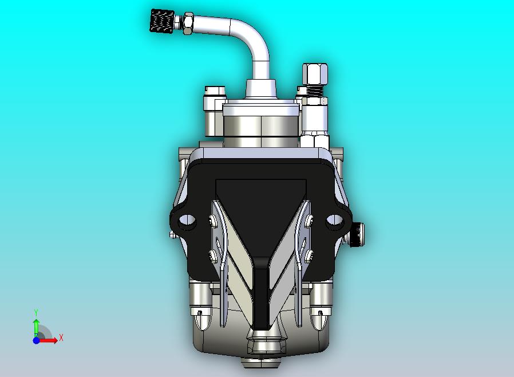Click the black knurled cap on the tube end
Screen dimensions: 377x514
[161, 21]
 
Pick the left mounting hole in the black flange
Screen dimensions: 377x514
[186, 221]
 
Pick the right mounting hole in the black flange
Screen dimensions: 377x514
[334, 221]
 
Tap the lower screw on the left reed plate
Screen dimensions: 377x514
[213, 254]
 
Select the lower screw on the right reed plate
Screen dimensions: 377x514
[309, 254]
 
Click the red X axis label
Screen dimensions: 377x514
[61, 338]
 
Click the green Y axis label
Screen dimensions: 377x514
[36, 312]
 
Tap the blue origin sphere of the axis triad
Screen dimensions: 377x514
[36, 340]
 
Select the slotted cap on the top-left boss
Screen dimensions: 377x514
[214, 91]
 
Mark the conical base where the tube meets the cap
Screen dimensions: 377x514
[260, 89]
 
